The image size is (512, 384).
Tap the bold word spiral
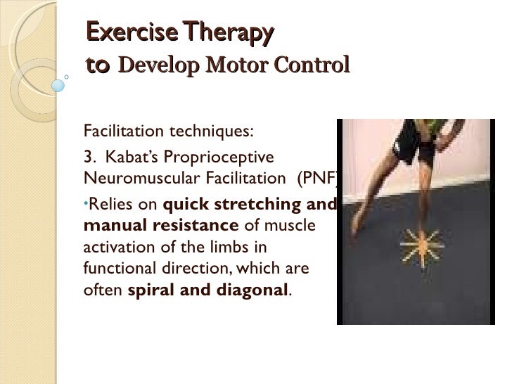149,289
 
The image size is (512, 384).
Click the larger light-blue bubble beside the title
58,85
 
